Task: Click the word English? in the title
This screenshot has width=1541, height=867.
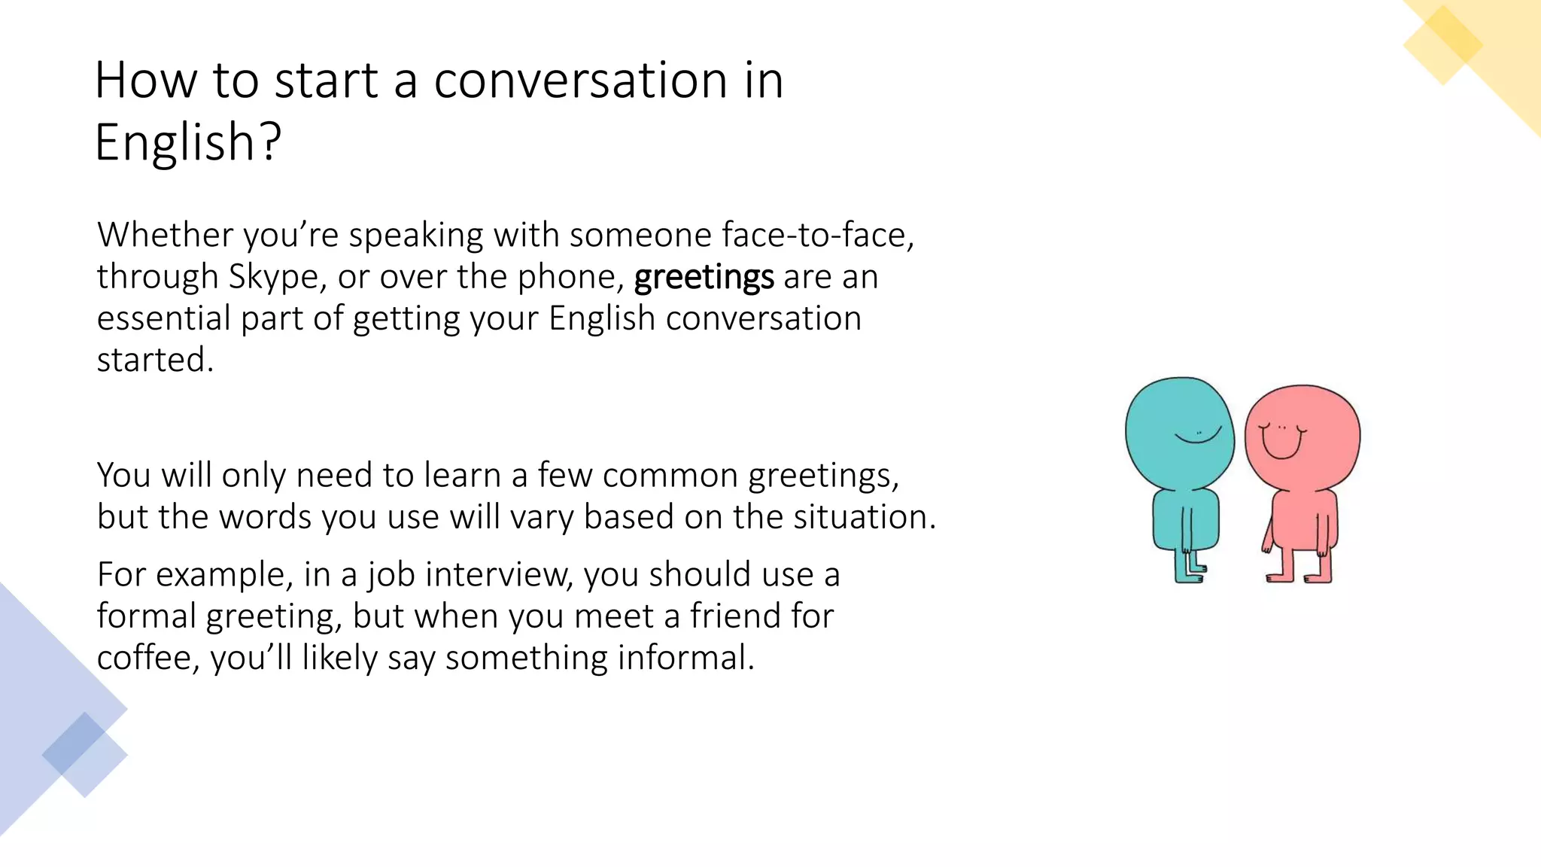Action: [188, 141]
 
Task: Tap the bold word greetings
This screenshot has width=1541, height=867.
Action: [704, 278]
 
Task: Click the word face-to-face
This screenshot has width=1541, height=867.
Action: [817, 235]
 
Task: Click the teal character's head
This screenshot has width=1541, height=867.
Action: [1178, 429]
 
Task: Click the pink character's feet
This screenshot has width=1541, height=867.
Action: [1298, 577]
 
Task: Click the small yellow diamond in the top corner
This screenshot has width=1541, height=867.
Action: [1442, 45]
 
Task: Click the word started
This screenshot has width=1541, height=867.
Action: [155, 360]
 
